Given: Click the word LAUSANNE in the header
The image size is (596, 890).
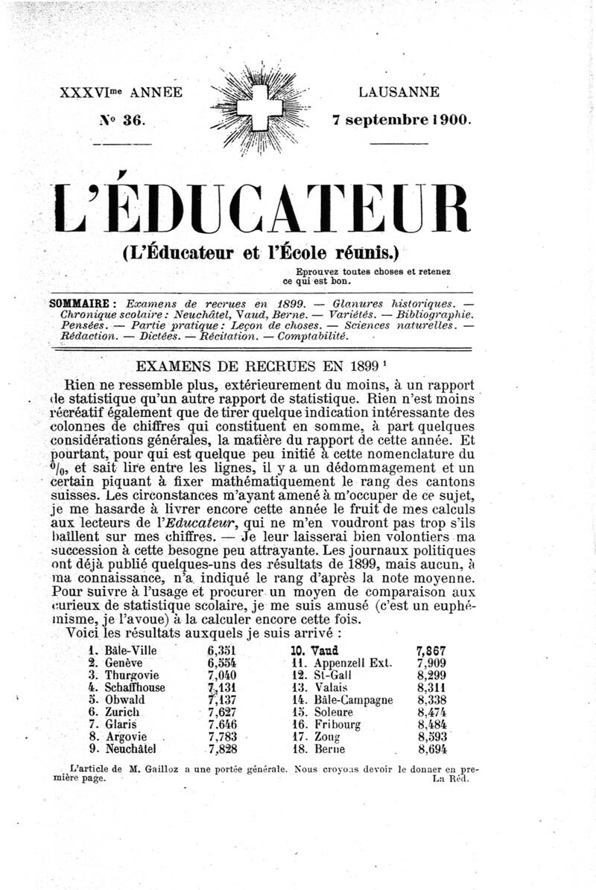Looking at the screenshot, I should click(x=399, y=93).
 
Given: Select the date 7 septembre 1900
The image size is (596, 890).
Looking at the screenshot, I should click(x=402, y=119).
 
